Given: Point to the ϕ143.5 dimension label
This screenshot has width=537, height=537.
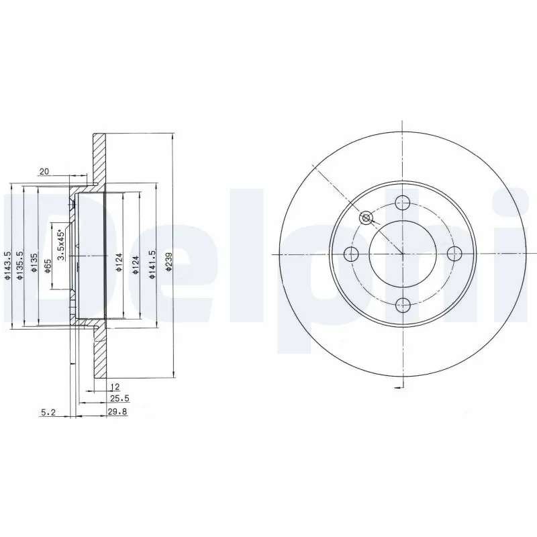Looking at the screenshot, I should click(x=7, y=265).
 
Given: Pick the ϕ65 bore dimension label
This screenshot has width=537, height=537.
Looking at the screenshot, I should click(x=48, y=264).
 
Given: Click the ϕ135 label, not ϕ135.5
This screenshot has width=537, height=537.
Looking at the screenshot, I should click(x=35, y=264).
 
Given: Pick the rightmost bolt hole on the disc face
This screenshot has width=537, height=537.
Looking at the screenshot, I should click(x=454, y=254).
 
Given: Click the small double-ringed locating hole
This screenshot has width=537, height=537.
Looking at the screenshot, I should click(x=366, y=217).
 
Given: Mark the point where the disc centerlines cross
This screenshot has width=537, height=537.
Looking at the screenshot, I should click(x=402, y=254).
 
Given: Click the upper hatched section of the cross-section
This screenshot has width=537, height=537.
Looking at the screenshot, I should click(x=99, y=158).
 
